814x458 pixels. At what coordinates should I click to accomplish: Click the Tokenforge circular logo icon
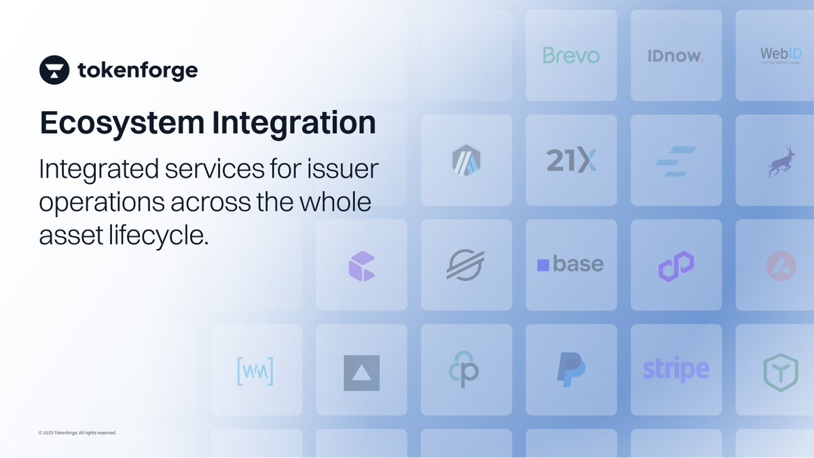coord(54,70)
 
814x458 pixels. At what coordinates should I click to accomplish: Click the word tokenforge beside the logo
coord(138,70)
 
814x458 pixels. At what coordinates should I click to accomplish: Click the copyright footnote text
coord(77,433)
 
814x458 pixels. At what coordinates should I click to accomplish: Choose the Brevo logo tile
coord(571,56)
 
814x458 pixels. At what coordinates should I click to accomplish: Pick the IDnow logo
coord(676,56)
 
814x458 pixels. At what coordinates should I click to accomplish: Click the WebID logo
coord(780,54)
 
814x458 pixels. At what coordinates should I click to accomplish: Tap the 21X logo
coord(571,160)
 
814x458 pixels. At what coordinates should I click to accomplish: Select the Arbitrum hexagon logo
coord(466,160)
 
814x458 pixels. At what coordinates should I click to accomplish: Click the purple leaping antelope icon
coord(781,161)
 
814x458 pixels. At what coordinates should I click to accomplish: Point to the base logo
coord(570,265)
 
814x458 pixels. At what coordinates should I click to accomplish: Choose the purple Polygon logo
coord(676,265)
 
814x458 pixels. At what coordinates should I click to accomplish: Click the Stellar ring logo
coord(466,265)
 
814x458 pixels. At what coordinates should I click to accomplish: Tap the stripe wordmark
coord(676,370)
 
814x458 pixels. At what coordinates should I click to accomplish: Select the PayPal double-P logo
coord(571,370)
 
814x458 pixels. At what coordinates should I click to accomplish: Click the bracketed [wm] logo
coord(255,370)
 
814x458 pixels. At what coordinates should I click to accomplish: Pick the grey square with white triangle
coord(361,373)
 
